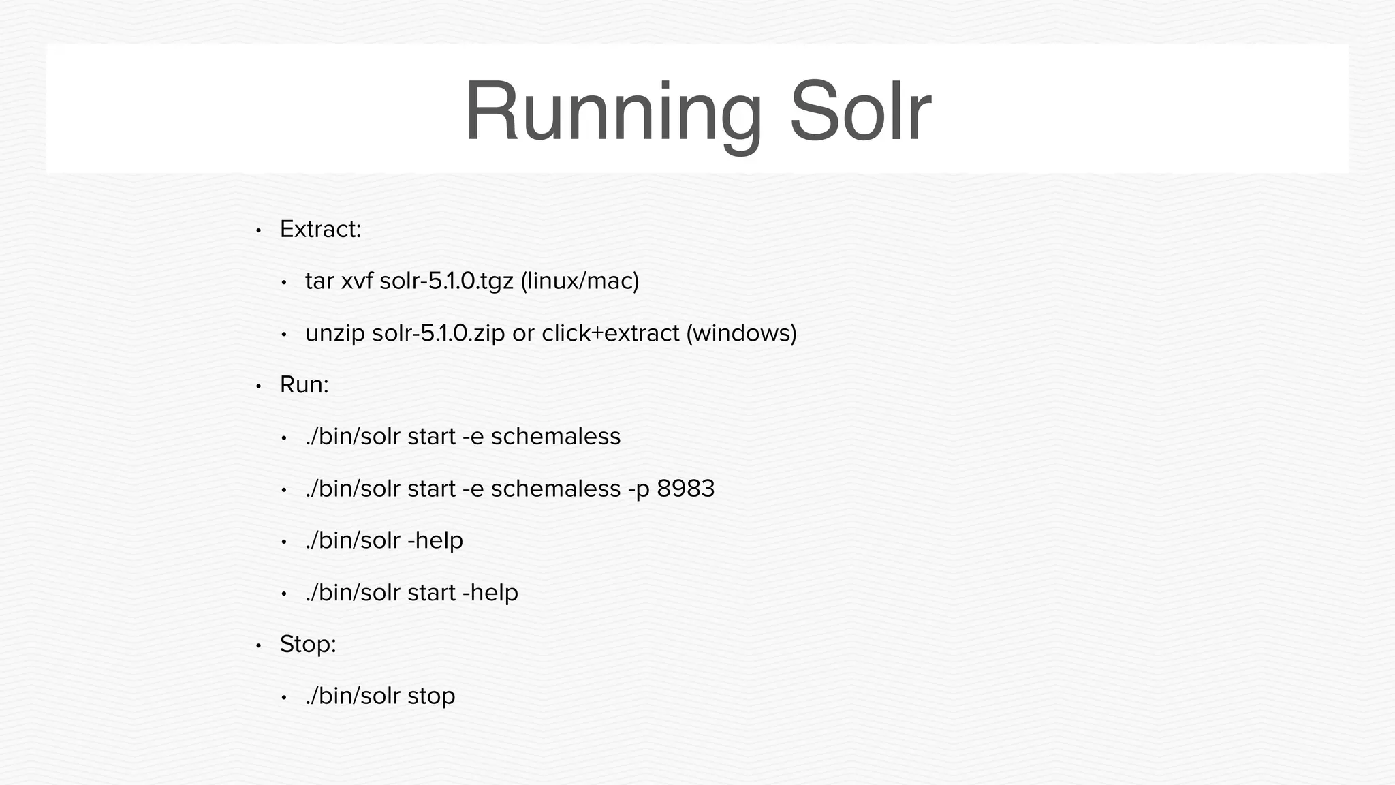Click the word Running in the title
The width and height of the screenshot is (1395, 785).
(612, 112)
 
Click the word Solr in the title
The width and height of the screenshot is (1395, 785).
(860, 112)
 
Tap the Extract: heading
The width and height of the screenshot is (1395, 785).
(320, 230)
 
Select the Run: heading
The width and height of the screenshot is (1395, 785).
(304, 385)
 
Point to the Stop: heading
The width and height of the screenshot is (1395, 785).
(308, 644)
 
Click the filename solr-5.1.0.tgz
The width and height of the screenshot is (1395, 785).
(446, 281)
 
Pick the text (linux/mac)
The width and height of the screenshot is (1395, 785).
(580, 281)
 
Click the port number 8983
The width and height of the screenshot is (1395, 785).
(685, 489)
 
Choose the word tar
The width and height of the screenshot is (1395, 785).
(319, 281)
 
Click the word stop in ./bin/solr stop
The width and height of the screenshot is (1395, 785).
(431, 696)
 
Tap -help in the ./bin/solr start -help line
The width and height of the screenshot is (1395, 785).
(490, 592)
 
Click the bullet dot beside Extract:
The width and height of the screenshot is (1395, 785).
(258, 231)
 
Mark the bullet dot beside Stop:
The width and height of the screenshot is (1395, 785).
(258, 645)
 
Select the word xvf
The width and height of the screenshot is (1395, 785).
(356, 281)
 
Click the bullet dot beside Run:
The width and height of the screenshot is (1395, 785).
(258, 386)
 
